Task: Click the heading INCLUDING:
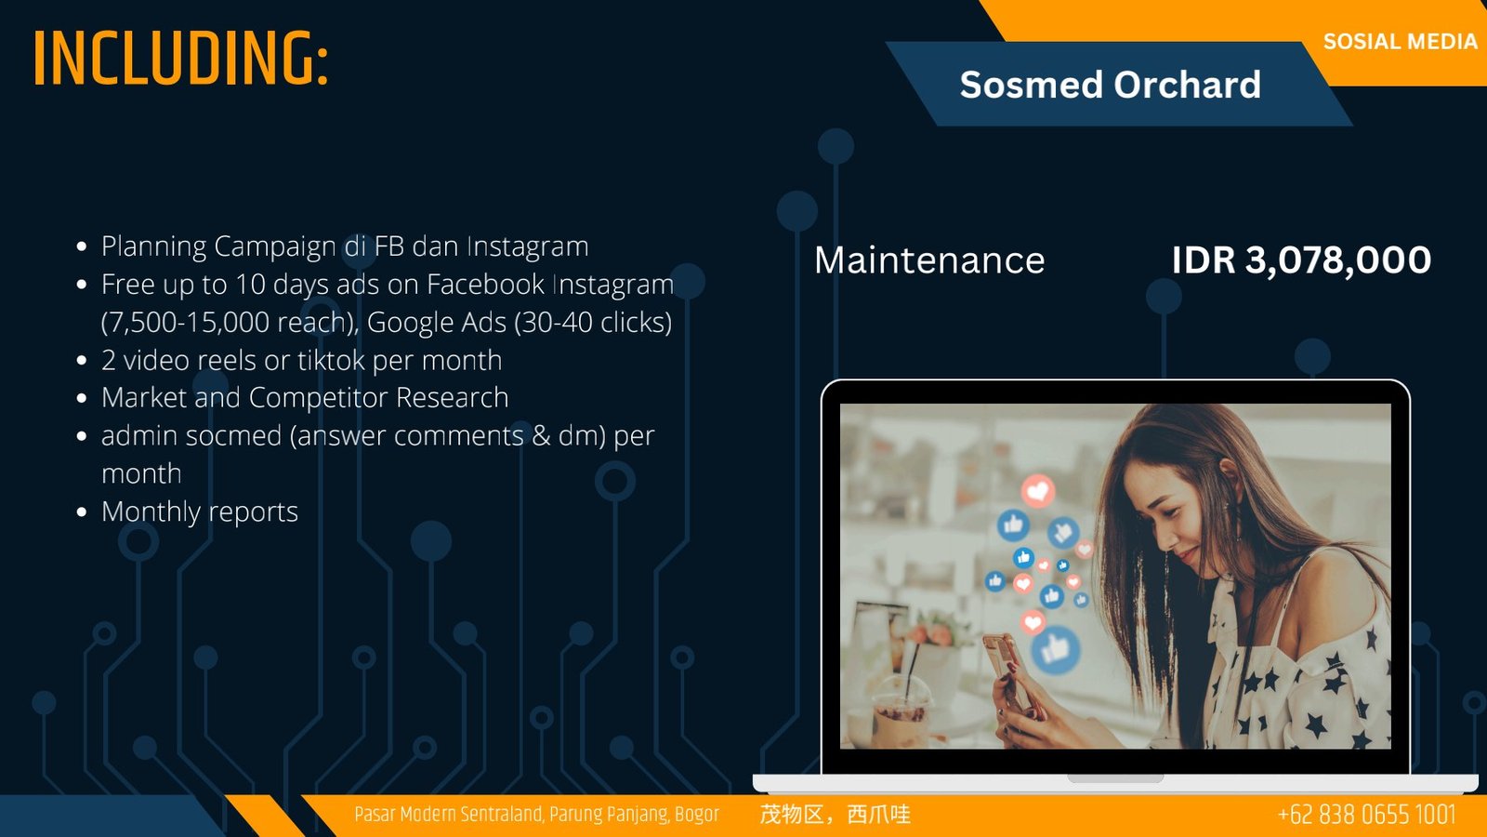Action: [x=180, y=59]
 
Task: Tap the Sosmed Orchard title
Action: [x=1110, y=85]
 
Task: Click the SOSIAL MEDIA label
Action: [x=1400, y=41]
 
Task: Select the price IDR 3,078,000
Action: [x=1301, y=259]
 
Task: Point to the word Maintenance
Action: [x=929, y=259]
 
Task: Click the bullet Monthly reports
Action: [x=200, y=511]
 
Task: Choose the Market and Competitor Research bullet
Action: [x=305, y=397]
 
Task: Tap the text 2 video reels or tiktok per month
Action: [x=301, y=360]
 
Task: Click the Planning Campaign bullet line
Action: [x=345, y=246]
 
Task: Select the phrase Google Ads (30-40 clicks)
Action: [x=520, y=322]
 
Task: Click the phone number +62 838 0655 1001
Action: [x=1366, y=815]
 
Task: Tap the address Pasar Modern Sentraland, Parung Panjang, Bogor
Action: [x=536, y=815]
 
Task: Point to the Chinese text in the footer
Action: [x=836, y=815]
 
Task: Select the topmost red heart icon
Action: [x=1037, y=491]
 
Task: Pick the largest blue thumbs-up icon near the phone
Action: [x=1056, y=650]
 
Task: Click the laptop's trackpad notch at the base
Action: [x=1115, y=777]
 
